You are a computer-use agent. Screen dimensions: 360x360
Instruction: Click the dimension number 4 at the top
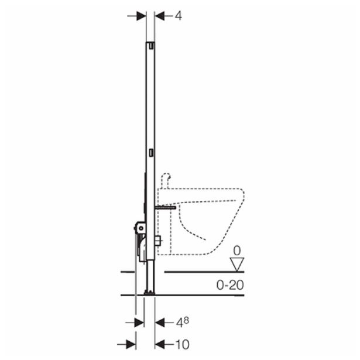click(x=178, y=16)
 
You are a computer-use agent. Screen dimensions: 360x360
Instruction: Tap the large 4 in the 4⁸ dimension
click(x=177, y=323)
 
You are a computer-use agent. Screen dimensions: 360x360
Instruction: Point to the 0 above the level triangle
click(x=236, y=251)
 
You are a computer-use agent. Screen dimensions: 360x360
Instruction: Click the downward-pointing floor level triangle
click(x=236, y=264)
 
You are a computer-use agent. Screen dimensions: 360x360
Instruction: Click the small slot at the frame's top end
click(x=152, y=44)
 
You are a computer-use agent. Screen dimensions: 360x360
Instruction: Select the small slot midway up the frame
click(x=152, y=152)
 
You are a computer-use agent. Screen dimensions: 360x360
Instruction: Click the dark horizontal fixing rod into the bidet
click(x=166, y=207)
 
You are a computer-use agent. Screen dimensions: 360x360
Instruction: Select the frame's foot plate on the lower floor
click(x=150, y=292)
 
